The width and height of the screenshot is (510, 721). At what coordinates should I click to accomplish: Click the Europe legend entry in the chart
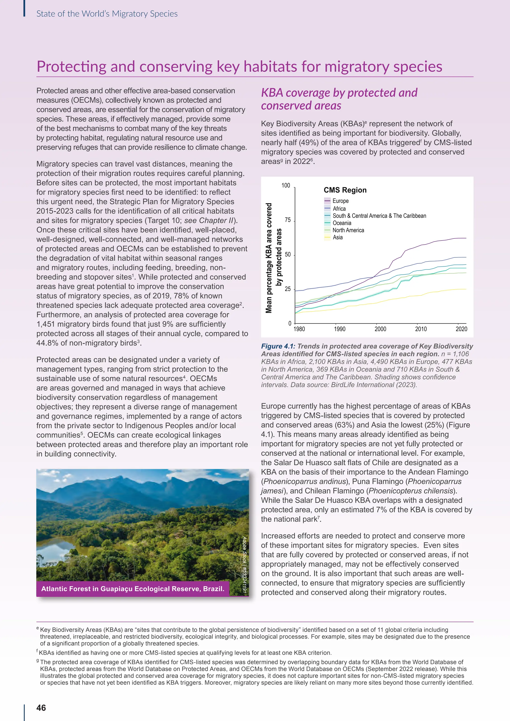340,201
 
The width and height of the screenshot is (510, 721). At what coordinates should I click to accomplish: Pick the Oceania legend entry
342,223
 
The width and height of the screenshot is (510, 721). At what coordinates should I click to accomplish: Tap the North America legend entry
348,230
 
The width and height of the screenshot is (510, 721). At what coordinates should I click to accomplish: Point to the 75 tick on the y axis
288,220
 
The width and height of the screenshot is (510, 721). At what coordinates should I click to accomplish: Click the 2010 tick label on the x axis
421,329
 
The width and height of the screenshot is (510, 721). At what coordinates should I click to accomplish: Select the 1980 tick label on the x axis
299,329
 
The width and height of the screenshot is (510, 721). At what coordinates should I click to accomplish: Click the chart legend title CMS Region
345,190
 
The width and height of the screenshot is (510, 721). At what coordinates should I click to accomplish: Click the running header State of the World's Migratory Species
107,14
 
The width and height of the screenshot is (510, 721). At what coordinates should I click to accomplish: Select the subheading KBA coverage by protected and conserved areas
339,99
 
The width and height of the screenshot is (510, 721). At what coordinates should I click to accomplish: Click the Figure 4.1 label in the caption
278,346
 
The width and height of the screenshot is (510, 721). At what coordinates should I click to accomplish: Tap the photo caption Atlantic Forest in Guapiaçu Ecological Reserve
132,589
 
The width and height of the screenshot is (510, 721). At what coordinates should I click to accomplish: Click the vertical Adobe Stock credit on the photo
244,565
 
